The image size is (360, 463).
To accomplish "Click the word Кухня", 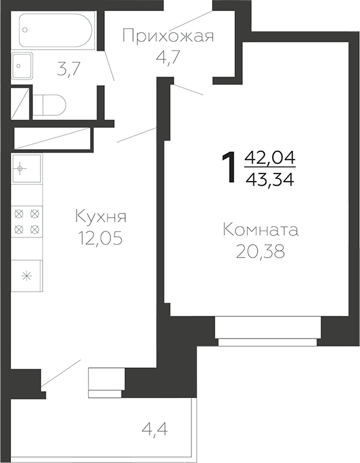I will pyautogui.click(x=101, y=216).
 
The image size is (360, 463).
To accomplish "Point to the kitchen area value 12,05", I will pyautogui.click(x=101, y=238).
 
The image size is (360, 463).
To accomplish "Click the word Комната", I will pyautogui.click(x=261, y=231).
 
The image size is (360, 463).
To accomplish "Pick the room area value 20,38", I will pyautogui.click(x=261, y=252).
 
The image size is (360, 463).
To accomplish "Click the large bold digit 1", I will pyautogui.click(x=229, y=168).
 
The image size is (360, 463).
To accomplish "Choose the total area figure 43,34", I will pyautogui.click(x=270, y=180).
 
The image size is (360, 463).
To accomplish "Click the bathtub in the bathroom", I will pyautogui.click(x=55, y=30).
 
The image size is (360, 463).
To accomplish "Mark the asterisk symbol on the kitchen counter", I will pyautogui.click(x=26, y=275).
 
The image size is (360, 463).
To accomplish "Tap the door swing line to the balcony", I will pyautogui.click(x=61, y=374).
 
